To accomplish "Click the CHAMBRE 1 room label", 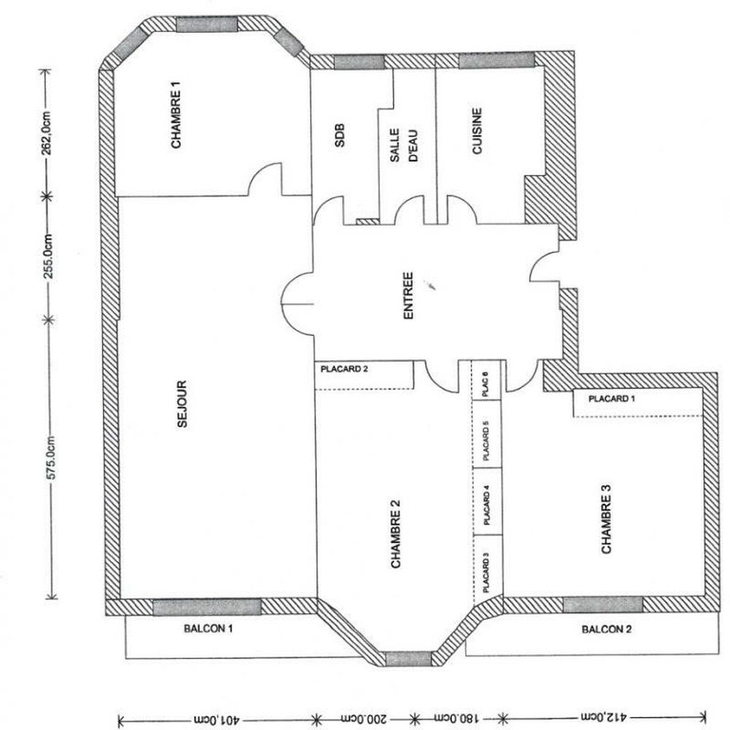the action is pos(175,115).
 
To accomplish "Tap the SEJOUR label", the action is pos(182,404).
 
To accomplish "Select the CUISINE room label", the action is pos(477,131).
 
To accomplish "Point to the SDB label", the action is pos(340,135).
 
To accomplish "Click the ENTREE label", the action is pos(408,296).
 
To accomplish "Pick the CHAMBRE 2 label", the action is pos(395,534).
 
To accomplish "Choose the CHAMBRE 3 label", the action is pos(606,519).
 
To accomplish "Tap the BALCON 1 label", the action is pos(208,629).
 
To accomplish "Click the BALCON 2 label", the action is pos(607,629).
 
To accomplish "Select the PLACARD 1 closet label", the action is pos(612,399).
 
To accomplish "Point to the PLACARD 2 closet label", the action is pos(344,369).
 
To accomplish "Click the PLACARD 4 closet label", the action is pos(486,505).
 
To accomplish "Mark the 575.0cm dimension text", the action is pos(51,458).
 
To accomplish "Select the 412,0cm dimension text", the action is pos(604,717).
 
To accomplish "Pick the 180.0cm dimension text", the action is pos(456,718).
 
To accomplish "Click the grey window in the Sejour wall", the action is pos(207,607).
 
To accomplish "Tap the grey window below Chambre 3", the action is pos(603,604).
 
